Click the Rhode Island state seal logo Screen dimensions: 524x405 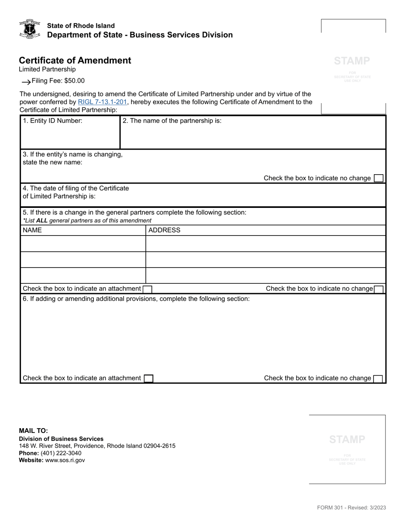point(29,29)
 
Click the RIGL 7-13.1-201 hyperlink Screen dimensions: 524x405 point(102,102)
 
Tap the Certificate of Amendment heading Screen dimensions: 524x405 point(75,60)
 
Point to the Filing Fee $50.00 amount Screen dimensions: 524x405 point(58,81)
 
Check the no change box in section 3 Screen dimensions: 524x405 point(378,178)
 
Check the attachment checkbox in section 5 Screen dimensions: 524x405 point(147,289)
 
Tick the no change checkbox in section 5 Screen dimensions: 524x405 point(379,289)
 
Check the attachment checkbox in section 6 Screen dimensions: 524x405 point(148,378)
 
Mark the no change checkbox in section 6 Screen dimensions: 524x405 point(378,378)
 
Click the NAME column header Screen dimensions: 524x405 point(32,230)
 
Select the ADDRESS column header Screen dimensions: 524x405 point(164,230)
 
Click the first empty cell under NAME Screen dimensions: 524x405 point(83,244)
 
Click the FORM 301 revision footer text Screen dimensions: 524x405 point(351,507)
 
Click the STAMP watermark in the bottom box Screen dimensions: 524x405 point(347,440)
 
